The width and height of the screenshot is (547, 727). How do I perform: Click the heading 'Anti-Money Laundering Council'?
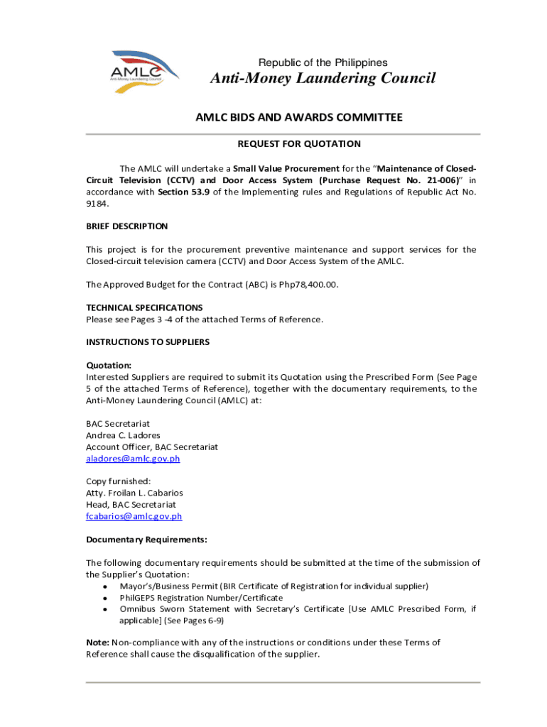323,78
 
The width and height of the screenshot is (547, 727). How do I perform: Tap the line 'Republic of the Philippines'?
323,62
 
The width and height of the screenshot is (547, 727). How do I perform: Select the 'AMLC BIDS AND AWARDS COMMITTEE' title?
299,117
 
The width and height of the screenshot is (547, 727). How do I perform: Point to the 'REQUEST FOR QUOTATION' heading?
299,144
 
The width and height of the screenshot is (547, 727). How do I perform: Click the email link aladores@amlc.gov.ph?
133,459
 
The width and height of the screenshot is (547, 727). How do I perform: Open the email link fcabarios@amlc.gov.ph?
134,516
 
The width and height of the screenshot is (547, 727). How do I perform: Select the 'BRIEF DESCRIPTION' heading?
127,226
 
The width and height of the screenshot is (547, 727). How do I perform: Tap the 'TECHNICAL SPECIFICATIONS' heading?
144,307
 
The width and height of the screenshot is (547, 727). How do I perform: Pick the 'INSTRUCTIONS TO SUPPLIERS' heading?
148,342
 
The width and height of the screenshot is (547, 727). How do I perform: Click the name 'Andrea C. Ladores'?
123,435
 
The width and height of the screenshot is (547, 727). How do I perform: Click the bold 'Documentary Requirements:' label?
146,540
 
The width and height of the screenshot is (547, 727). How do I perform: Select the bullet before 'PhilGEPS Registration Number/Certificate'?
105,598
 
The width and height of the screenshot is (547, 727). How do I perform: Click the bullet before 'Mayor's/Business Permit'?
105,586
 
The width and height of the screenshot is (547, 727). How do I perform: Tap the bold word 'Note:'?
97,643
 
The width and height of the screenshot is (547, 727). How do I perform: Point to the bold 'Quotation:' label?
109,365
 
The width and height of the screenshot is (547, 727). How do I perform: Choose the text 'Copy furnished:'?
118,481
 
